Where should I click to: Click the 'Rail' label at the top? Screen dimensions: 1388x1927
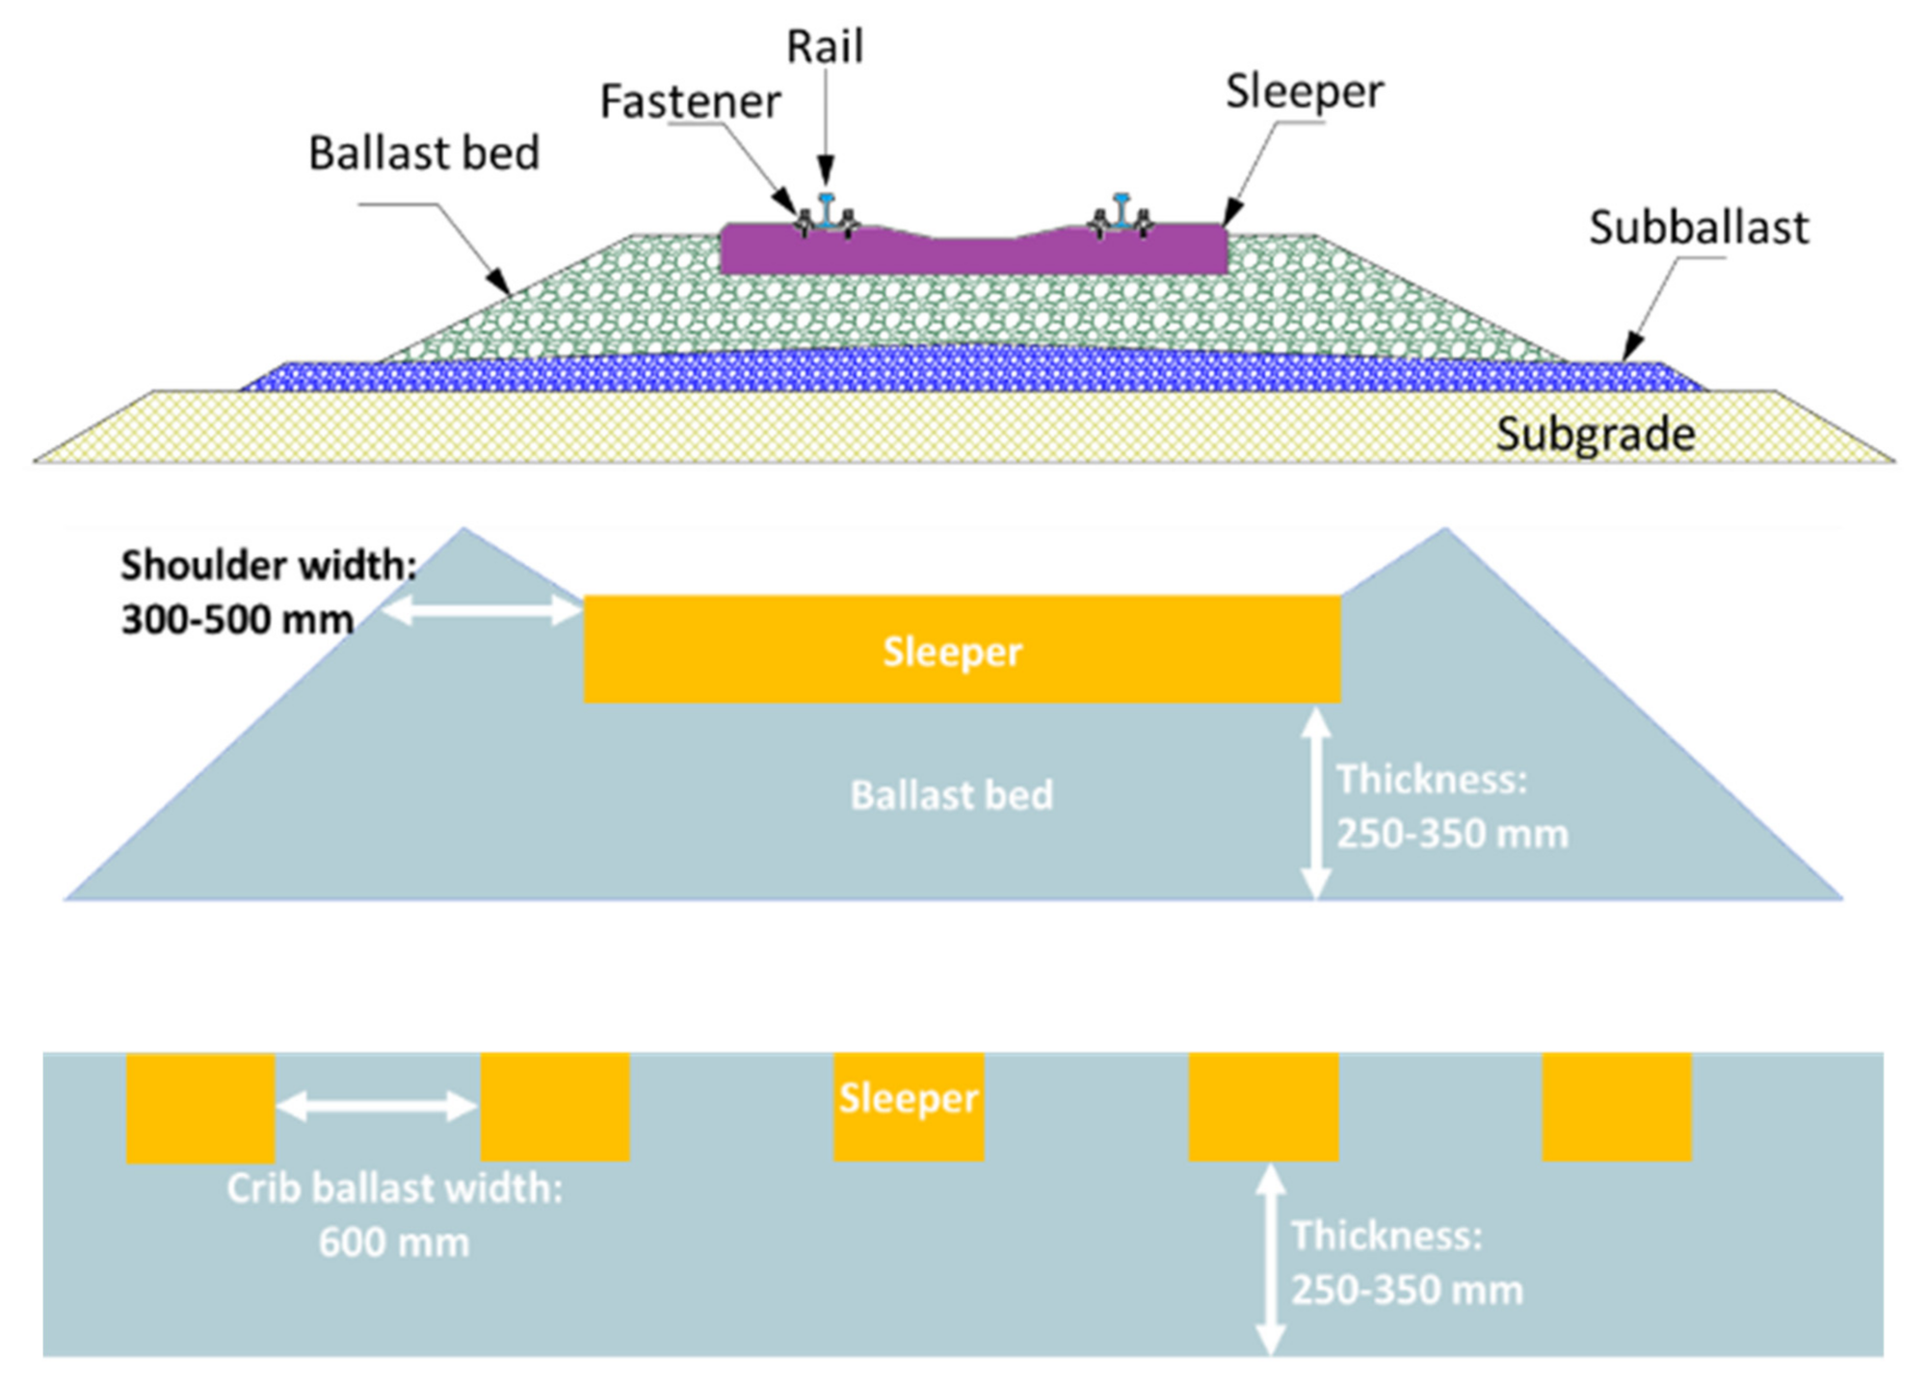coord(825,47)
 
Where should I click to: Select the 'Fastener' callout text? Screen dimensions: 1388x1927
coord(690,102)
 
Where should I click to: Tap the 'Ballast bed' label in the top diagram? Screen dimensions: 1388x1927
coord(424,153)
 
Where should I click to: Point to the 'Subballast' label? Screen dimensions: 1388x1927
coord(1698,228)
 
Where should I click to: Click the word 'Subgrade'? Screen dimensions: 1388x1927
coord(1595,435)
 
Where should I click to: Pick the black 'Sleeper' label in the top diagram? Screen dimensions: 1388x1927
coord(1304,93)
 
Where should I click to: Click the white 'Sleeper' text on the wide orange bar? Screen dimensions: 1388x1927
coord(952,653)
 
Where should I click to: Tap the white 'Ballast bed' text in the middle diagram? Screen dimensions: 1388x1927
coord(952,796)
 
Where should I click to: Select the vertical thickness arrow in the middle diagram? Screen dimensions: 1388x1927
coord(1316,802)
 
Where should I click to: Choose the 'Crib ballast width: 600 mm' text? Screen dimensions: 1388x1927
coord(394,1214)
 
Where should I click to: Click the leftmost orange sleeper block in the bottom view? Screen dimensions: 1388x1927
coord(200,1108)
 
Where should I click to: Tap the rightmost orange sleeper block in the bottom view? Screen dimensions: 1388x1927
coord(1617,1107)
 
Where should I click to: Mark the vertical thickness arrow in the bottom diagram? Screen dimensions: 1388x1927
coord(1271,1259)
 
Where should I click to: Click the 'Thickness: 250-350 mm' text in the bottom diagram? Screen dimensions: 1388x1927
coord(1407,1263)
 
